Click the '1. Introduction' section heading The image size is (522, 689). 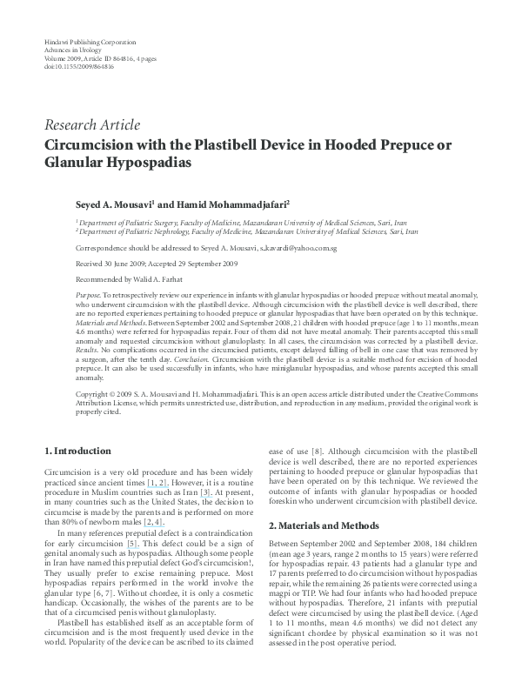(77, 451)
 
